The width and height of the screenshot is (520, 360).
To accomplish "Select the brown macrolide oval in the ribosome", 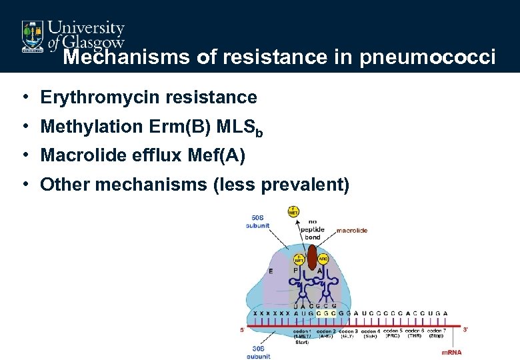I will click(x=312, y=257).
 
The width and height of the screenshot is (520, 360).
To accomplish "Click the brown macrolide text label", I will click(x=351, y=231).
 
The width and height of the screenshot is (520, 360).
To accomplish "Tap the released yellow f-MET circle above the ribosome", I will click(x=293, y=211).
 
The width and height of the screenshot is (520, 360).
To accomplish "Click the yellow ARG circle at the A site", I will click(x=323, y=259).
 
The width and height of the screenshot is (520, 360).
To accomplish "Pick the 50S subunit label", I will click(x=258, y=221).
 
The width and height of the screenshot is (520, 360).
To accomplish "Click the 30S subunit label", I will click(x=258, y=354).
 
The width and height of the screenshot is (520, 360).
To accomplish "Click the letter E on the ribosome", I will click(x=271, y=271).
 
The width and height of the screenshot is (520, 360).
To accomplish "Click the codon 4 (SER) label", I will click(x=370, y=334).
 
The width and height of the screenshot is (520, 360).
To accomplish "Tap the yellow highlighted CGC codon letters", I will click(x=326, y=313).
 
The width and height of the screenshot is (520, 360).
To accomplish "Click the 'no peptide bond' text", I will click(x=311, y=229).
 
